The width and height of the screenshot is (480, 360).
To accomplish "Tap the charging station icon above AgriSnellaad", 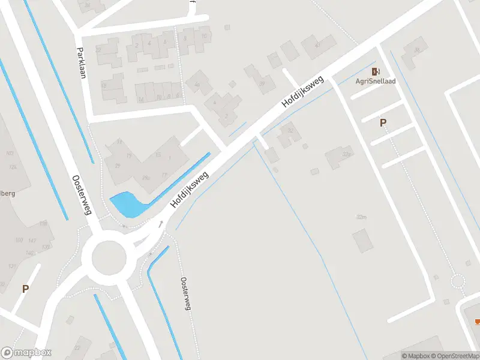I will coord(376,70).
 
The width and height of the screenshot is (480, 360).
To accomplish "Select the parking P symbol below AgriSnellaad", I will coord(383,123).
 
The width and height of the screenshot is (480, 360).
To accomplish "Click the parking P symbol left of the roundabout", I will coord(25,289).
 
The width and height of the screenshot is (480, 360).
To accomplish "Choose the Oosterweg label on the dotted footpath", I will coord(186,294).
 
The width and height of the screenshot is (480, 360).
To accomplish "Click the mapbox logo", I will coord(26,353).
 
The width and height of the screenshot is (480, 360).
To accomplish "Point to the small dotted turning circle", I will coord(458,281).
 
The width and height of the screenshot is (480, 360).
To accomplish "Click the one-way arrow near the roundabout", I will coord(161,225).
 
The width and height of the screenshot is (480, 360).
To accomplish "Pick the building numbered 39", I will coord(262,83).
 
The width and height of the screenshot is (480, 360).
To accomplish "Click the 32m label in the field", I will coord(361,217).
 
